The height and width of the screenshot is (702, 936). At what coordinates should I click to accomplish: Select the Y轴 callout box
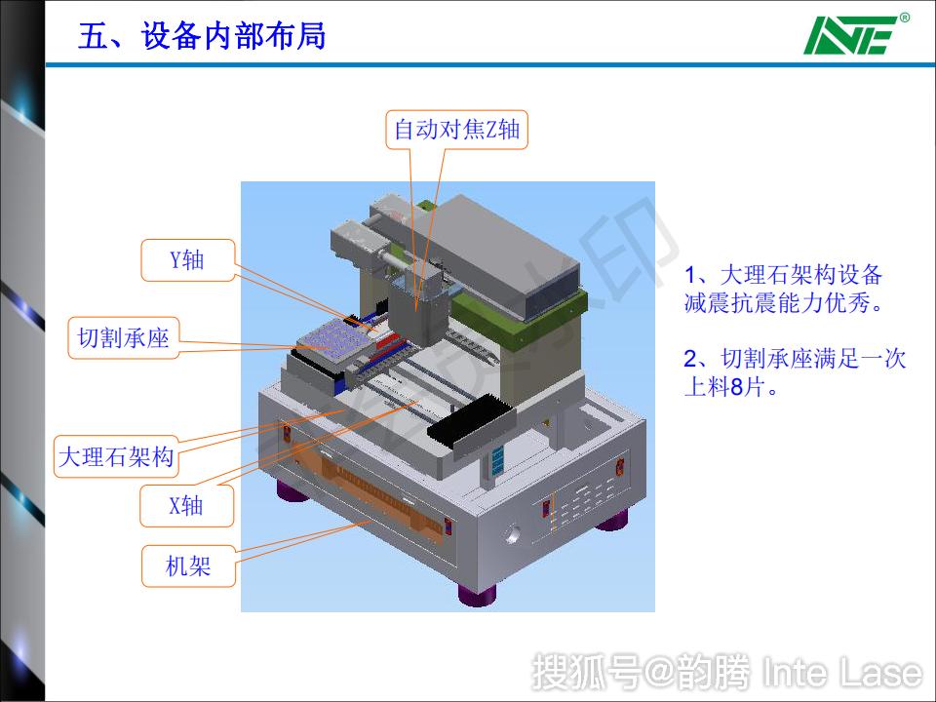(x=187, y=259)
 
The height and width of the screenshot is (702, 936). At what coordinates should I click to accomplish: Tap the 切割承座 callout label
(x=123, y=338)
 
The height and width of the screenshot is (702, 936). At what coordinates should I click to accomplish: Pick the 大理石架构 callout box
(x=116, y=456)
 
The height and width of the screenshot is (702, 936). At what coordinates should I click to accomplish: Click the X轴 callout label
(x=187, y=505)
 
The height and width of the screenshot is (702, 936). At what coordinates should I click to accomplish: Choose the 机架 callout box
(x=188, y=565)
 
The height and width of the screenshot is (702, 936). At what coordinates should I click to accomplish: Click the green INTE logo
(x=848, y=37)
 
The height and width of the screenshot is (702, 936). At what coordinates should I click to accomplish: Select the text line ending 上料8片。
(x=732, y=387)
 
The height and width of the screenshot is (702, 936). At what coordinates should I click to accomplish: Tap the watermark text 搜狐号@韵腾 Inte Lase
(x=726, y=673)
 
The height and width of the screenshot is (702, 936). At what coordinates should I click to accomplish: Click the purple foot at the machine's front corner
(x=477, y=593)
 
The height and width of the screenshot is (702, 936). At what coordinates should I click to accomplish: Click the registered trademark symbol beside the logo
(x=904, y=18)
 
